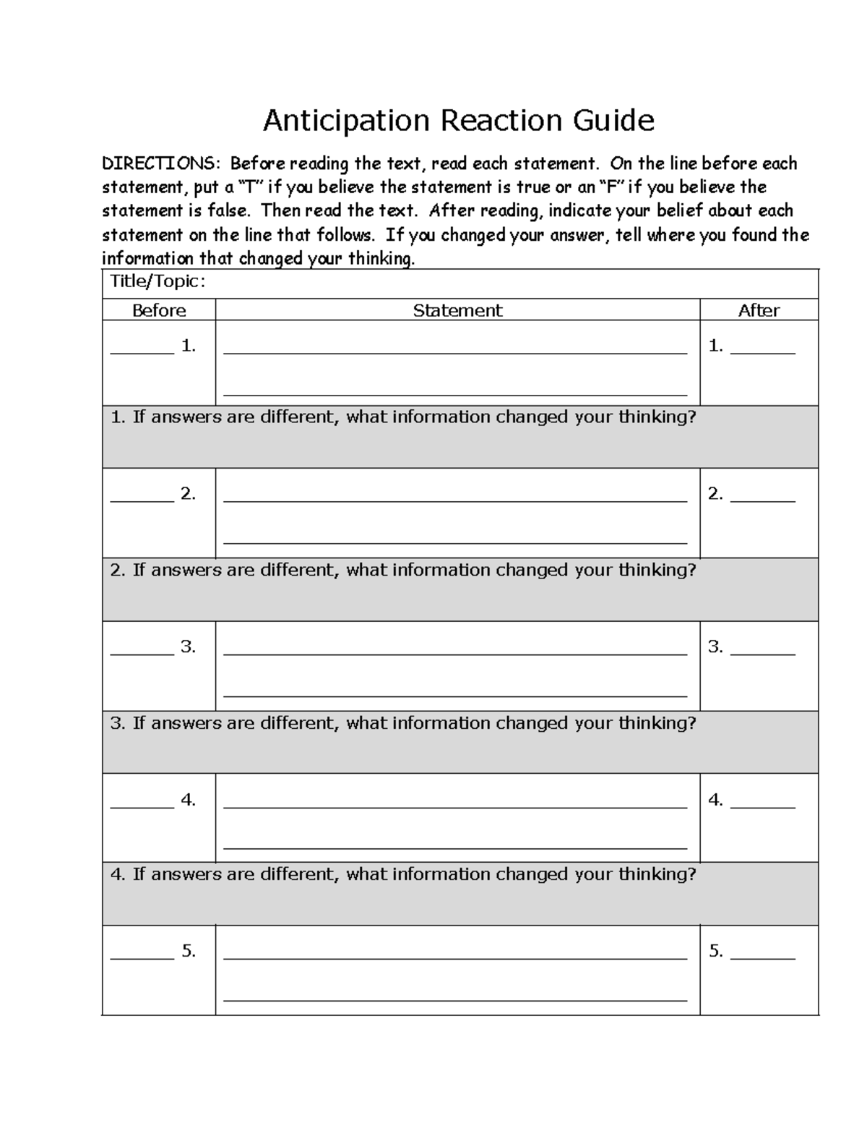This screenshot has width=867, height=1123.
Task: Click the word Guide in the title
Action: (x=613, y=121)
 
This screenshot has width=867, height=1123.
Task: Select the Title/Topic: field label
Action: (x=157, y=282)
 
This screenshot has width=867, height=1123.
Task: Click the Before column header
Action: (x=159, y=310)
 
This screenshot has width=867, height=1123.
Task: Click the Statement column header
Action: (x=457, y=310)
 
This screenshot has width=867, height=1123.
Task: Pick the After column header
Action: (x=759, y=310)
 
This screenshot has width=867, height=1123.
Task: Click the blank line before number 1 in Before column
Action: (x=142, y=352)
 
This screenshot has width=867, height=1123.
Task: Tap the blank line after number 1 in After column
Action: (x=762, y=352)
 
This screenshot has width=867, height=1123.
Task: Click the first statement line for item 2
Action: (x=455, y=500)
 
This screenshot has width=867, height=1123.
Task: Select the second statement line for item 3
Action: (x=455, y=696)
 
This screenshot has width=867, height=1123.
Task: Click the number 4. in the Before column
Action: (x=189, y=800)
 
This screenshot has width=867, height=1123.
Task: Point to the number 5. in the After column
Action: (x=715, y=951)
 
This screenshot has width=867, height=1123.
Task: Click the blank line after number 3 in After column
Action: (x=762, y=653)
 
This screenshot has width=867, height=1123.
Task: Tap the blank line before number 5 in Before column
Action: (x=142, y=957)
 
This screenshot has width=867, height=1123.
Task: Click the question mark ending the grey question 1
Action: (x=691, y=417)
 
